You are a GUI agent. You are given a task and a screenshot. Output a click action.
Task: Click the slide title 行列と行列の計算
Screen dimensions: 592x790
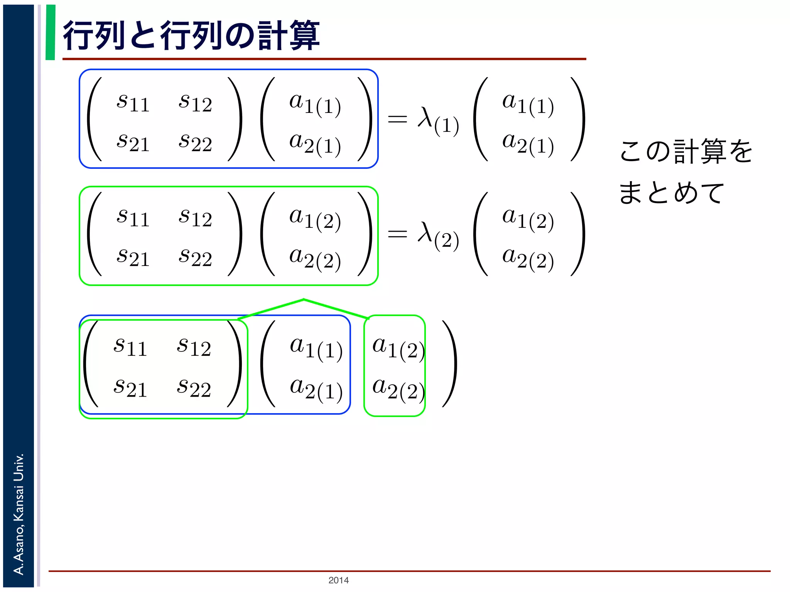tap(191, 35)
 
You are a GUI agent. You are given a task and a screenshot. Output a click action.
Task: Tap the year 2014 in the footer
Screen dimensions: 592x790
tap(338, 580)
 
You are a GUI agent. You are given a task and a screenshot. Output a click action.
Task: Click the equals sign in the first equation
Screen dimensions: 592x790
tap(397, 119)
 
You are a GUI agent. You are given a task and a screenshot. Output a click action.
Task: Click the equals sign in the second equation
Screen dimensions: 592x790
tap(397, 233)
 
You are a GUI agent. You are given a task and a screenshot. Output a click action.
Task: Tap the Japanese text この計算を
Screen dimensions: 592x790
tap(686, 151)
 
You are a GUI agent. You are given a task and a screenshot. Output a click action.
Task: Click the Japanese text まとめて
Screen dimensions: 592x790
tap(672, 192)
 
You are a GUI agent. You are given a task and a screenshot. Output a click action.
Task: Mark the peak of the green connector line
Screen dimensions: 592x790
tap(304, 299)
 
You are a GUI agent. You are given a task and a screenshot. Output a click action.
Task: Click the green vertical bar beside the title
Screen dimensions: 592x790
tap(51, 32)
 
